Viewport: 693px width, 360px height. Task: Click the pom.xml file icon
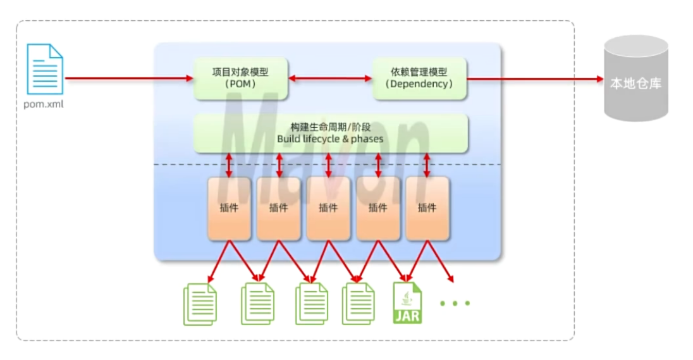pos(45,69)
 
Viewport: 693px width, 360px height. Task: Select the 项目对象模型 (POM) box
pos(240,78)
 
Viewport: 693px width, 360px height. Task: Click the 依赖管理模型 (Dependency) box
pos(419,78)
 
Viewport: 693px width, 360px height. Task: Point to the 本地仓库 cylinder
pos(635,79)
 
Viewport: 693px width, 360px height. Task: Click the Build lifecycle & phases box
pos(330,133)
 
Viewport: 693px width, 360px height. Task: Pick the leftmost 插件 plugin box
pos(229,208)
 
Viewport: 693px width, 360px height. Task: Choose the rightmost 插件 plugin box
pos(427,208)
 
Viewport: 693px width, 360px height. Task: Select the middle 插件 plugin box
pos(328,208)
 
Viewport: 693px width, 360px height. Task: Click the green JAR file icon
pos(407,302)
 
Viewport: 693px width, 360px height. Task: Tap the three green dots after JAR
pos(455,303)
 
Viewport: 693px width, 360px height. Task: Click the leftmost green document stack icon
pos(200,304)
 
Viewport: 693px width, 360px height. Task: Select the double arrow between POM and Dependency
pos(330,78)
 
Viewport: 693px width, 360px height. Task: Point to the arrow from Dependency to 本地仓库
pos(535,79)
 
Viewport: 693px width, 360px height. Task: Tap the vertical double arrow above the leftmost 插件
pos(229,164)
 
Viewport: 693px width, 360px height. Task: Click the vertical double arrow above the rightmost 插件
pos(427,164)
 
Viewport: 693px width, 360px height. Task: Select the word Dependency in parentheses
pos(419,84)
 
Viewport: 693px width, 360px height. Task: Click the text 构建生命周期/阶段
pos(330,127)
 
